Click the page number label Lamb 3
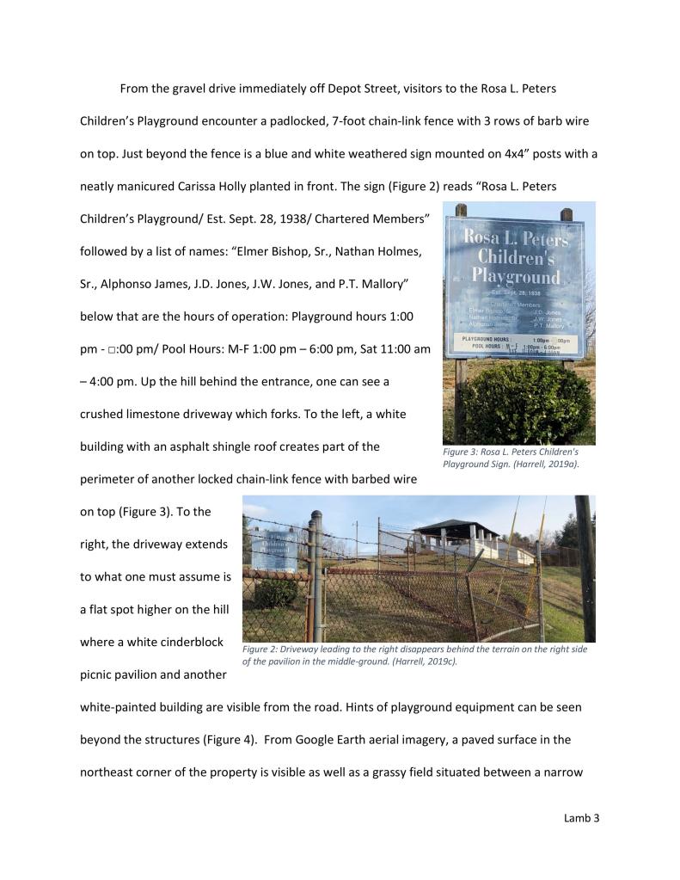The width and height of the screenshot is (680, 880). (581, 818)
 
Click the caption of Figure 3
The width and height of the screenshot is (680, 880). (511, 458)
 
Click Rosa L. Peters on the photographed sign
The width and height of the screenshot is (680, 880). (515, 236)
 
